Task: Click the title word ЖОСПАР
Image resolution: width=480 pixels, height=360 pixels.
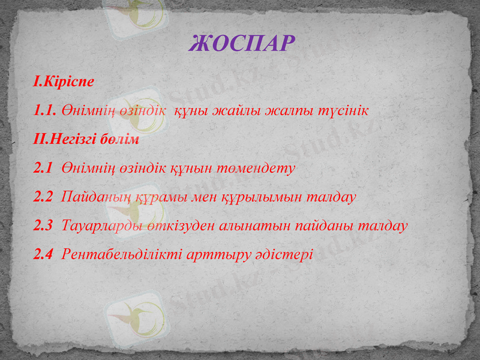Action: coord(242,43)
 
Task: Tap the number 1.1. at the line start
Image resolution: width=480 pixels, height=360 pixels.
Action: coord(46,110)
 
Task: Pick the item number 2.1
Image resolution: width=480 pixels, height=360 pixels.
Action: coord(44,168)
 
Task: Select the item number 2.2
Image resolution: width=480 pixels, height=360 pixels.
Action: coord(44,197)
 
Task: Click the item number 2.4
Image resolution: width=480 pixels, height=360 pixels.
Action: coord(44,254)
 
